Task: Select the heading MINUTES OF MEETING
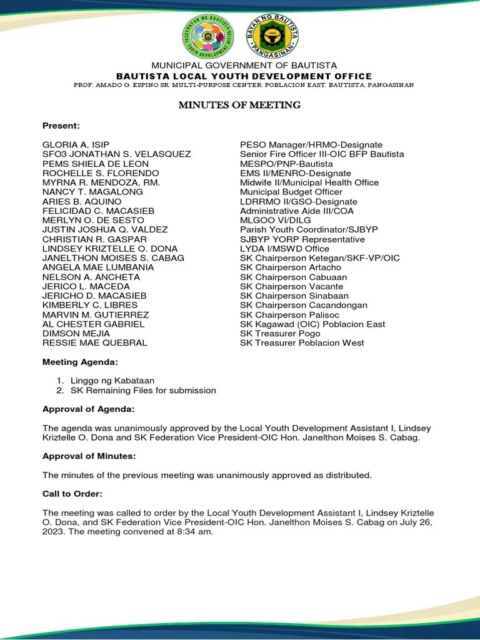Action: pyautogui.click(x=239, y=105)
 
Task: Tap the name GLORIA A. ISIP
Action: pyautogui.click(x=76, y=145)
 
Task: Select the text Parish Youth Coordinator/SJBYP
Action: pyautogui.click(x=309, y=230)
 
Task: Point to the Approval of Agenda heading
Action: pyautogui.click(x=88, y=409)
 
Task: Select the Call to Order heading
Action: pyautogui.click(x=72, y=494)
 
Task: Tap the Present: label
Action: pyautogui.click(x=61, y=126)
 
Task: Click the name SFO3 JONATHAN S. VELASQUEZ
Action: pyautogui.click(x=116, y=154)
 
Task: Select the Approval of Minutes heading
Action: pyautogui.click(x=89, y=456)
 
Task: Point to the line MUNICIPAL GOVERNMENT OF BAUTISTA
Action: pyautogui.click(x=240, y=66)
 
